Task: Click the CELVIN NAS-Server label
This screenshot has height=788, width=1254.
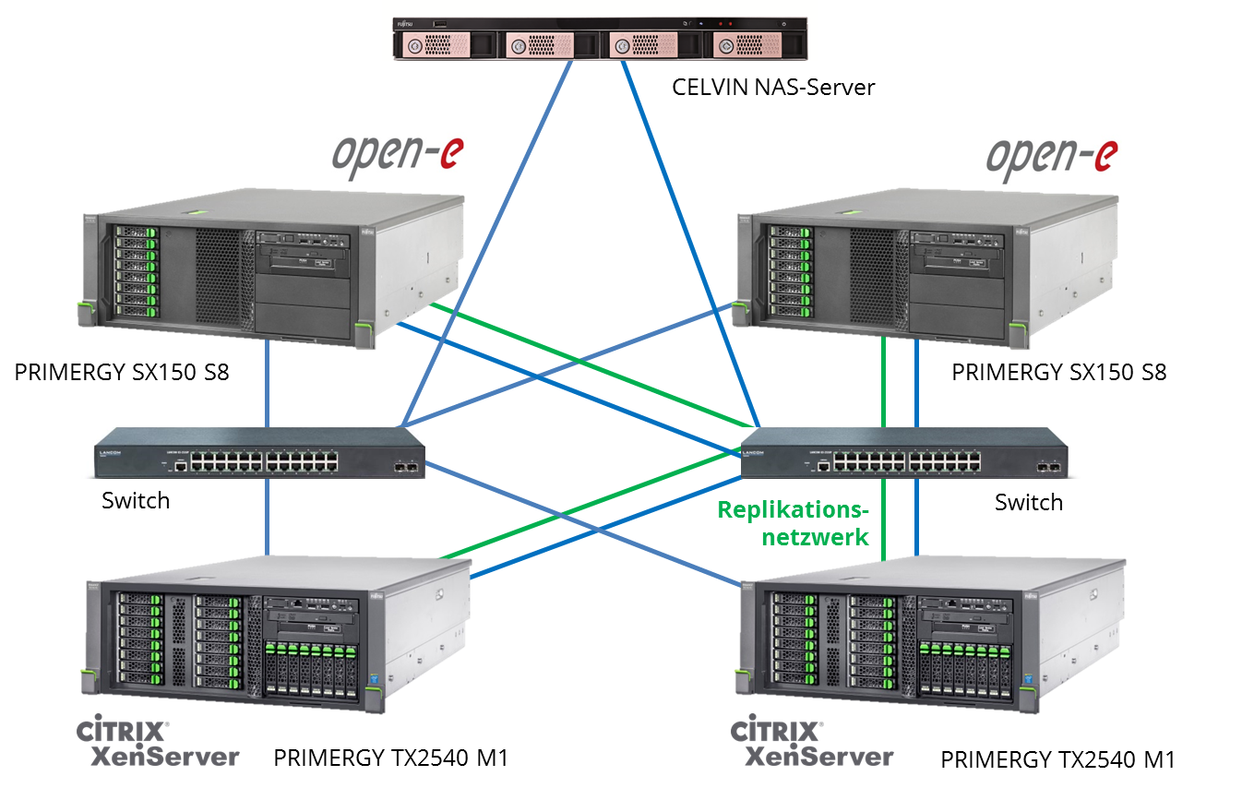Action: click(x=772, y=88)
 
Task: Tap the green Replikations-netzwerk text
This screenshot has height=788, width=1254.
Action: click(x=794, y=523)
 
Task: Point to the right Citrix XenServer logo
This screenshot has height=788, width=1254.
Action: click(x=812, y=744)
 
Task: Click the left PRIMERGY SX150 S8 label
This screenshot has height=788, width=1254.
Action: click(x=122, y=373)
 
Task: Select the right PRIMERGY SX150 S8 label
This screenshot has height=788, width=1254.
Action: click(x=1058, y=373)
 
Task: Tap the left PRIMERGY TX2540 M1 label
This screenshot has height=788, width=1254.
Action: click(x=391, y=758)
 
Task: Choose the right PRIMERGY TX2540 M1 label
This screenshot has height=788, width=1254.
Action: click(x=1057, y=760)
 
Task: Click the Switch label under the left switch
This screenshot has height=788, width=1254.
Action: click(x=136, y=501)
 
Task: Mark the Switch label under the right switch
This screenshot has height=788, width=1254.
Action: click(x=1028, y=503)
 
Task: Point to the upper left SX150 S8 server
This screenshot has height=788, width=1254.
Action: click(x=268, y=272)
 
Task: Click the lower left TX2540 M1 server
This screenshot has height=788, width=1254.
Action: click(x=277, y=637)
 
